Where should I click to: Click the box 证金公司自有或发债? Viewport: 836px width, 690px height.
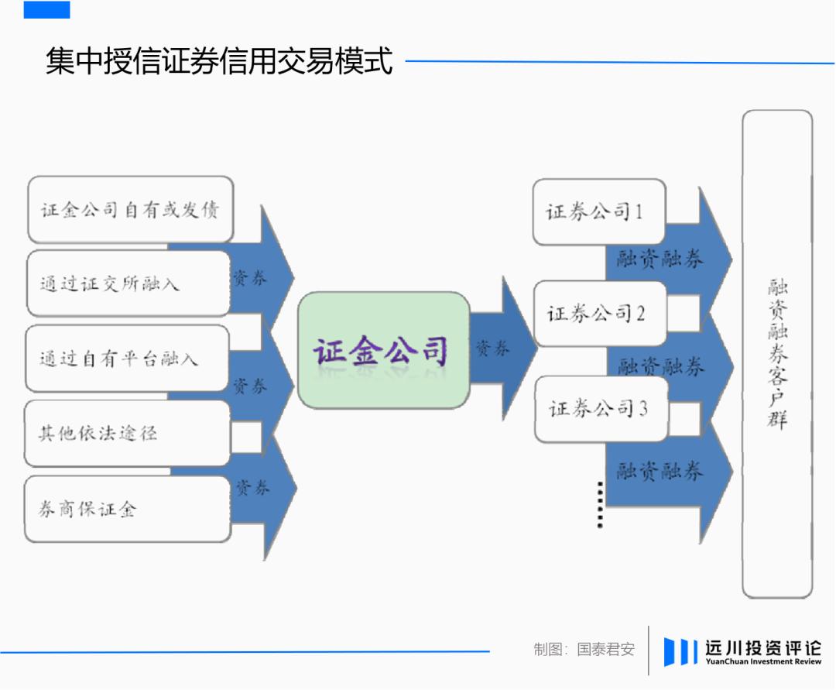pyautogui.click(x=131, y=210)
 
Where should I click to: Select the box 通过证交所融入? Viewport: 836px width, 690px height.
pyautogui.click(x=128, y=283)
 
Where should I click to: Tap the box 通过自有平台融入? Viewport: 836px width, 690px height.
pyautogui.click(x=128, y=359)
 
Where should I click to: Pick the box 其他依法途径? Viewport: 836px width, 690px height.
pyautogui.click(x=128, y=433)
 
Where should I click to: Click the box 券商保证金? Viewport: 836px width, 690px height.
pyautogui.click(x=128, y=510)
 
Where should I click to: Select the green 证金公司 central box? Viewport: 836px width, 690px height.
pyautogui.click(x=384, y=350)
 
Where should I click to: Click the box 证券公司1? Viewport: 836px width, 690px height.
pyautogui.click(x=599, y=211)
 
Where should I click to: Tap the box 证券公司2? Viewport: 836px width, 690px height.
pyautogui.click(x=601, y=314)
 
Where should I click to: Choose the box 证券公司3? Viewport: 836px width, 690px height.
pyautogui.click(x=601, y=409)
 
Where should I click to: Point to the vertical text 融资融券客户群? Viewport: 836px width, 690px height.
pyautogui.click(x=777, y=354)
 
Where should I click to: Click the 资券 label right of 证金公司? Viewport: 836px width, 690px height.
pyautogui.click(x=492, y=348)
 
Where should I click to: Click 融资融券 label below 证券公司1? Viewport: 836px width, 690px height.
pyautogui.click(x=660, y=259)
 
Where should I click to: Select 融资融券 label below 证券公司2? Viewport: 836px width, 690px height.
pyautogui.click(x=660, y=366)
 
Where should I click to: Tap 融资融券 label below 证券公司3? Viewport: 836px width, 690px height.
pyautogui.click(x=660, y=471)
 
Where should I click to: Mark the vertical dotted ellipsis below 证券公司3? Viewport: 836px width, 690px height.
pyautogui.click(x=601, y=505)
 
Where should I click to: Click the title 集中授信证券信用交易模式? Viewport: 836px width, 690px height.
pyautogui.click(x=219, y=60)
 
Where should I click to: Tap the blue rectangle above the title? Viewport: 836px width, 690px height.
pyautogui.click(x=47, y=9)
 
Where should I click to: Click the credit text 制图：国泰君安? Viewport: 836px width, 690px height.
pyautogui.click(x=584, y=650)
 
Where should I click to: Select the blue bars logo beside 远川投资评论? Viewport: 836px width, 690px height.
pyautogui.click(x=680, y=651)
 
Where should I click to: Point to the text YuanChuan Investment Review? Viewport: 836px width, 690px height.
pyautogui.click(x=763, y=662)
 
